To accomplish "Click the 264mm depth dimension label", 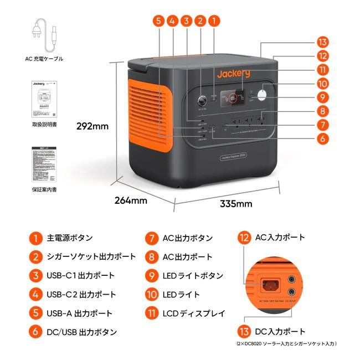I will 131,199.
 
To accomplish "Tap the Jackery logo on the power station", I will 233,74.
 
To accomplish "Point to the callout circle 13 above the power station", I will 323,43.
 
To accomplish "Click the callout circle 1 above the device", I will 214,21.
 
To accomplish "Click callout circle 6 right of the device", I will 323,139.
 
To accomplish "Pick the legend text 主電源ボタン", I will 70,238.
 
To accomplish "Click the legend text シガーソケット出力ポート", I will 91,257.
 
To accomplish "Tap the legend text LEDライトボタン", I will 193,276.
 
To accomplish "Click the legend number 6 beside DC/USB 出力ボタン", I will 35,332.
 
